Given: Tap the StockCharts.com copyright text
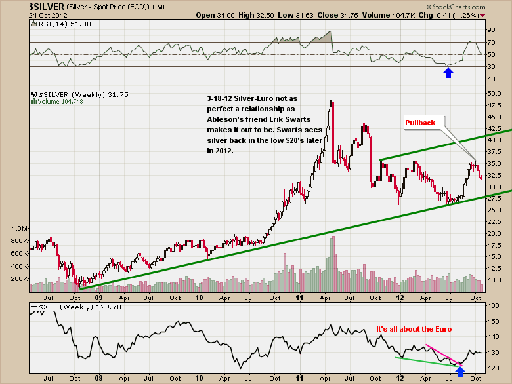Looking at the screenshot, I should pyautogui.click(x=475, y=7).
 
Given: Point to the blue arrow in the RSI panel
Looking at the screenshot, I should pyautogui.click(x=448, y=72).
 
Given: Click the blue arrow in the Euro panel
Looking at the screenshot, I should pyautogui.click(x=460, y=372).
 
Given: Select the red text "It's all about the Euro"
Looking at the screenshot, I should pyautogui.click(x=414, y=328).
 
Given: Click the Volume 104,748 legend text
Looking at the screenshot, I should pyautogui.click(x=66, y=102).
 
